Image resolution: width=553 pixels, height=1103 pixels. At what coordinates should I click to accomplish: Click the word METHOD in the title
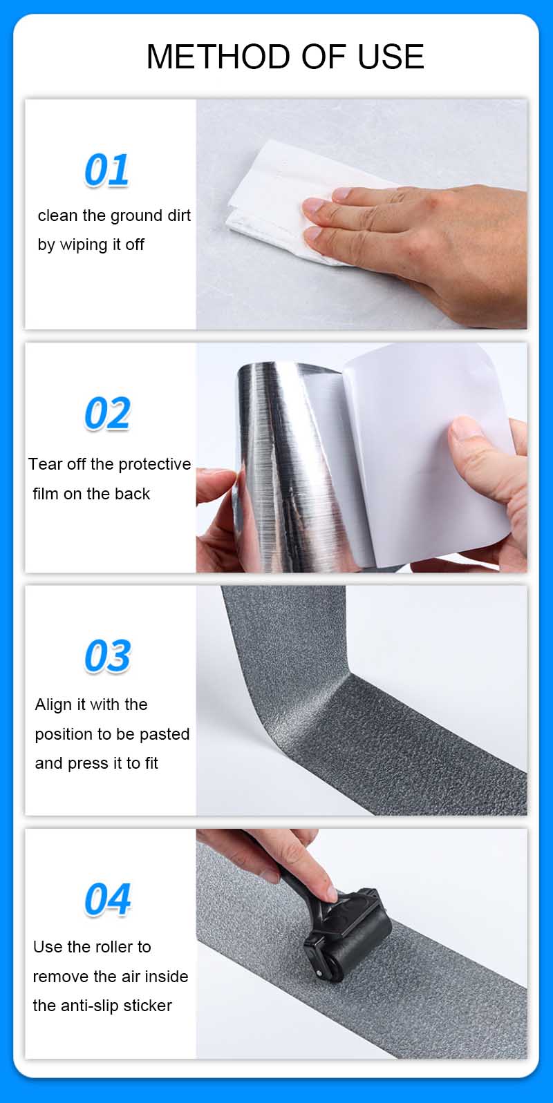click(219, 57)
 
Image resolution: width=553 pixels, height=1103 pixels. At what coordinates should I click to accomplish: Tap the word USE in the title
click(391, 57)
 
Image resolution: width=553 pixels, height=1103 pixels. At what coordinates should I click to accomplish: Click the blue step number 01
click(106, 170)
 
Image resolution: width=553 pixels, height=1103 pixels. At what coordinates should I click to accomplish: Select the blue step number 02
click(107, 413)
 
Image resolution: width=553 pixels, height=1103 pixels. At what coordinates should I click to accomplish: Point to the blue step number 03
click(107, 656)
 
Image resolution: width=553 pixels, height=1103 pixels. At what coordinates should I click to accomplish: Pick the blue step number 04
click(107, 899)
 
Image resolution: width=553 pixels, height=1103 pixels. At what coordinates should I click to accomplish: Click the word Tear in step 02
click(46, 464)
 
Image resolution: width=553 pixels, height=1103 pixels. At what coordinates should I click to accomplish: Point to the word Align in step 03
click(53, 705)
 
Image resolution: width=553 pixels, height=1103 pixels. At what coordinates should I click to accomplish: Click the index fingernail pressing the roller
click(332, 894)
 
